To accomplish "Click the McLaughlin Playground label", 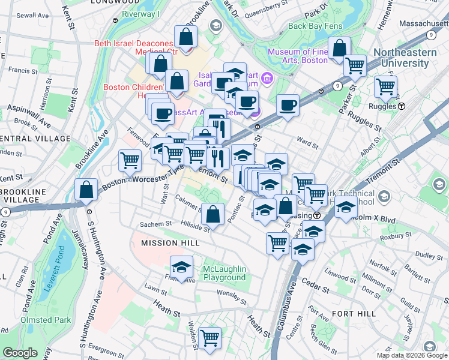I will (224, 273).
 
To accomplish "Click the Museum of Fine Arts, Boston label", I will (298, 56).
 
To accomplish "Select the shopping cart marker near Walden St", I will (209, 339).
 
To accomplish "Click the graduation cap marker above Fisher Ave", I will (182, 266).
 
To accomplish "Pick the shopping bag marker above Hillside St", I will (213, 213).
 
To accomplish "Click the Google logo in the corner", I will (20, 353).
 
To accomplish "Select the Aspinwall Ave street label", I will (28, 115).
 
